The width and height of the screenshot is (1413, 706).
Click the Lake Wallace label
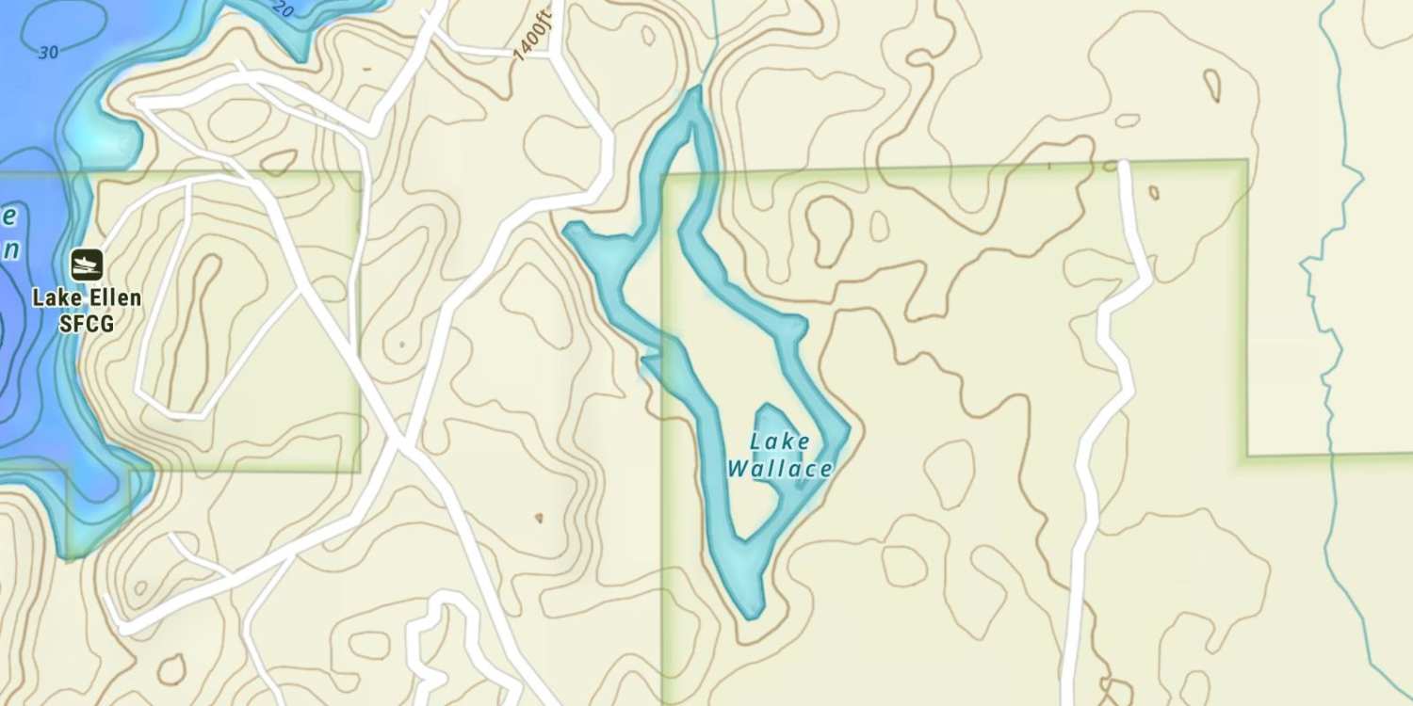click(x=780, y=455)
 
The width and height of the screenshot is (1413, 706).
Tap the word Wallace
click(x=780, y=468)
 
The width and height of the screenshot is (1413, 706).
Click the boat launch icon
click(x=87, y=265)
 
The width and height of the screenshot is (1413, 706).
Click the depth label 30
click(x=48, y=53)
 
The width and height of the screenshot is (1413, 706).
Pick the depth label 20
click(x=283, y=10)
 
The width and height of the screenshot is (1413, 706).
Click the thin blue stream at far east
click(x=1328, y=377)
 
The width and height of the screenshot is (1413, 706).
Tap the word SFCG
click(x=87, y=324)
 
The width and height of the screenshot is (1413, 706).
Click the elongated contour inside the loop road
click(x=192, y=329)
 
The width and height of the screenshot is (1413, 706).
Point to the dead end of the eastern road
click(x=1123, y=166)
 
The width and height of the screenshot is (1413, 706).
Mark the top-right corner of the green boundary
click(x=1246, y=162)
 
